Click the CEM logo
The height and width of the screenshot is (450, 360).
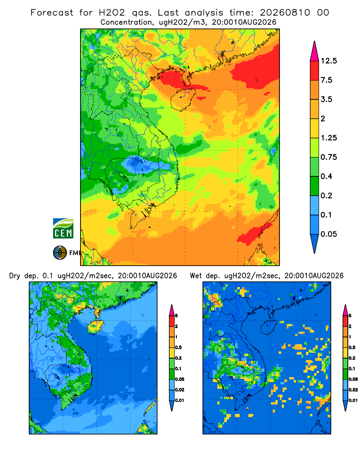(x=63, y=229)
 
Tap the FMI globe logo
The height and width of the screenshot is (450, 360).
(x=60, y=252)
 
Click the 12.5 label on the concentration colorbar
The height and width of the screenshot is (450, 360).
(x=328, y=61)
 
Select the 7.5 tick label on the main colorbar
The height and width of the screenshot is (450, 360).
(x=326, y=80)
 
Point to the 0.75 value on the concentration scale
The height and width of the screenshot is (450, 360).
(x=328, y=157)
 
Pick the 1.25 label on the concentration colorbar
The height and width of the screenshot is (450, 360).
(x=328, y=138)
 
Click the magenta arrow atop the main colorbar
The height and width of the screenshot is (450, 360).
(x=315, y=51)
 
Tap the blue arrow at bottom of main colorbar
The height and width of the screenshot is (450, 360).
(x=315, y=243)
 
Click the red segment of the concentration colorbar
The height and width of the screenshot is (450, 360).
(x=315, y=71)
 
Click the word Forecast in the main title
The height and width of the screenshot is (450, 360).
(x=52, y=13)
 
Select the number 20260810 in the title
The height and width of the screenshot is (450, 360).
(x=285, y=13)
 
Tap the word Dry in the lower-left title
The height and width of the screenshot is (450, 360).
(x=15, y=276)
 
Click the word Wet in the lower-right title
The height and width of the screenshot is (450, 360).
(x=196, y=276)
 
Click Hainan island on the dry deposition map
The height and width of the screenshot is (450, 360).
(x=95, y=327)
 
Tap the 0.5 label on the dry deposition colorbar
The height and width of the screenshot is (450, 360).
(x=178, y=347)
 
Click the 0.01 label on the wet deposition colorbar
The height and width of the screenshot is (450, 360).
(x=353, y=400)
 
